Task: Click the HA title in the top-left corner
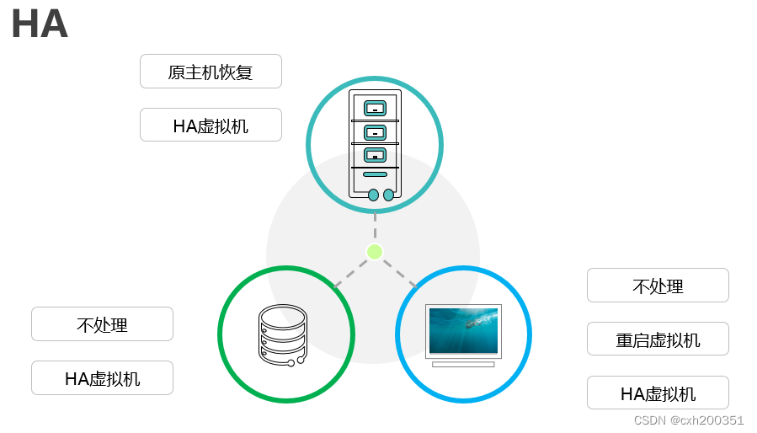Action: [x=40, y=24]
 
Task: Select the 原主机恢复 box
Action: [x=211, y=72]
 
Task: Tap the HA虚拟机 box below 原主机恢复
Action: [x=211, y=126]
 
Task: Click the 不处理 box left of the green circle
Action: [x=102, y=324]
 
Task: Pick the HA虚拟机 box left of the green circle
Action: [x=102, y=378]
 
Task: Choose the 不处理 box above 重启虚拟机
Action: [x=658, y=286]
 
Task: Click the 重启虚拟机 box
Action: [x=658, y=339]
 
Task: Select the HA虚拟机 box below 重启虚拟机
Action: [x=658, y=393]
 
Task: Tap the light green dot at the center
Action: [x=375, y=251]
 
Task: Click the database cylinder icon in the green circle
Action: [x=283, y=334]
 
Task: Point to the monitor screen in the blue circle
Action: [x=463, y=331]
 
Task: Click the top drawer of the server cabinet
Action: [x=375, y=108]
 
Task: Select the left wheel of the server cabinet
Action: [x=373, y=195]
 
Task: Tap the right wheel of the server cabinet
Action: [x=388, y=195]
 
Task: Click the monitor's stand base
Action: [x=463, y=364]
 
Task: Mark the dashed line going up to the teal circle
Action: [x=375, y=226]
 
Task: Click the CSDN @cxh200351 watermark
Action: [x=688, y=420]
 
